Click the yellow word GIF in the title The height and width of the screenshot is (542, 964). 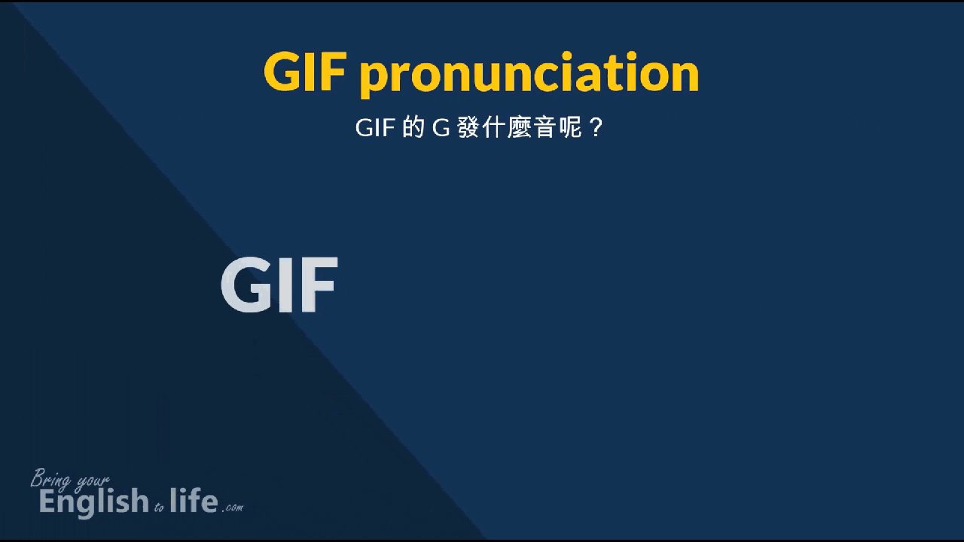pyautogui.click(x=305, y=72)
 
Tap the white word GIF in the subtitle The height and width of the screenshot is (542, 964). pyautogui.click(x=375, y=128)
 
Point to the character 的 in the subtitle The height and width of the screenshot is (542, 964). pyautogui.click(x=413, y=128)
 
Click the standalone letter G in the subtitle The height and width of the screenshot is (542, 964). pyautogui.click(x=441, y=128)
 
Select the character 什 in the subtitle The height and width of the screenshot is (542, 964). pyautogui.click(x=493, y=128)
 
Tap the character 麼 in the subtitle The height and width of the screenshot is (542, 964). pyautogui.click(x=518, y=128)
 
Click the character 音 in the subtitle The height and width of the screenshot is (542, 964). pyautogui.click(x=543, y=128)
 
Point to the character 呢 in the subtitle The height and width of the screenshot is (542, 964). pyautogui.click(x=569, y=128)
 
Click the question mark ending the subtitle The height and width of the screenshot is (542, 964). pyautogui.click(x=596, y=128)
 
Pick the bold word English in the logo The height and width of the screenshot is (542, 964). pyautogui.click(x=94, y=501)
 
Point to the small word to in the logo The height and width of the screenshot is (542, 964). pyautogui.click(x=159, y=507)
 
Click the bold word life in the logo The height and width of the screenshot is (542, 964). pyautogui.click(x=194, y=500)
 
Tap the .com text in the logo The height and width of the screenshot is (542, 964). pyautogui.click(x=233, y=508)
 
